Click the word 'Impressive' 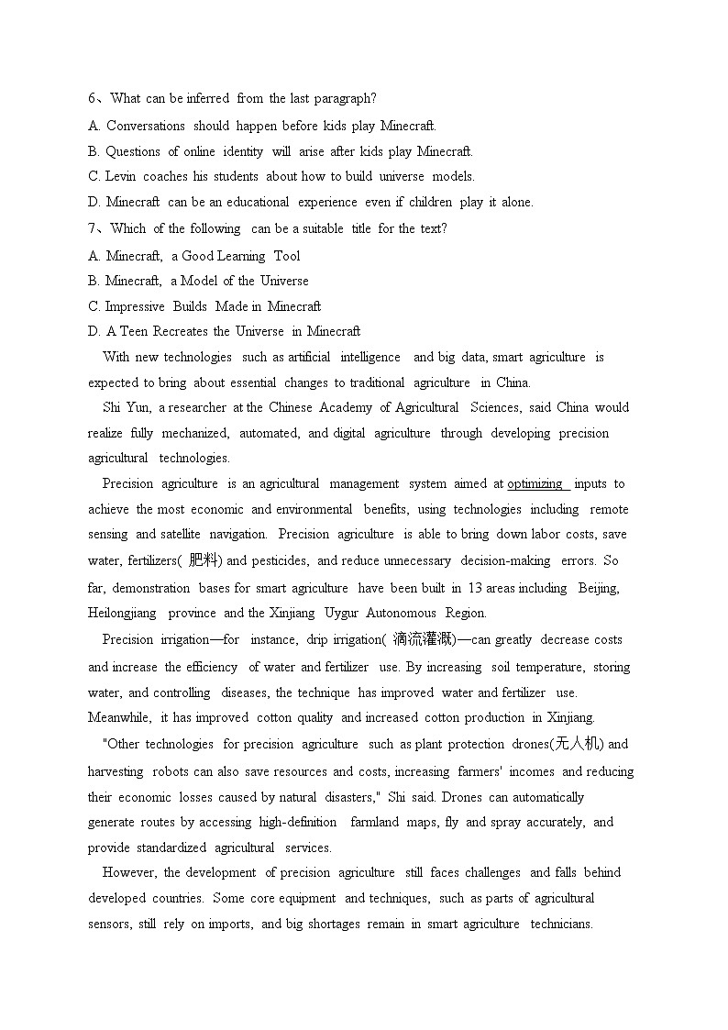(135, 306)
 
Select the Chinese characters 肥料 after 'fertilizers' (204, 559)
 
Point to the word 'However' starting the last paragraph (129, 872)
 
